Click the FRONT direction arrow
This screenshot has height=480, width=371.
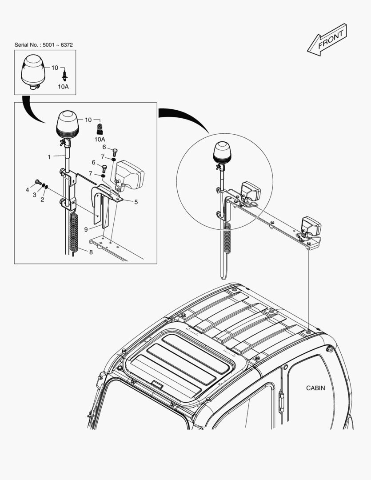point(327,40)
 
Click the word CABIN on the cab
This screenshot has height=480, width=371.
point(315,388)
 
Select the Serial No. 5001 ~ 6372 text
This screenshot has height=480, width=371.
point(44,45)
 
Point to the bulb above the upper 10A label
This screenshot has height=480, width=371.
point(64,75)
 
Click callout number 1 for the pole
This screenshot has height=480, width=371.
point(49,157)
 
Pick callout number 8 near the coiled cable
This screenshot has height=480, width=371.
point(91,252)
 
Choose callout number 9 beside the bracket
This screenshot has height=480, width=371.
point(86,229)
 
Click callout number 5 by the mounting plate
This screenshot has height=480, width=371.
point(136,202)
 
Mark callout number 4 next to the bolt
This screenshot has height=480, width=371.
point(27,190)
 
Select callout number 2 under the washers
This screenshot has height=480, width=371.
point(42,200)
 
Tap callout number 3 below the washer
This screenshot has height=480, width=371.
point(35,195)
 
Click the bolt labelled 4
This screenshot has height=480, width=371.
point(38,182)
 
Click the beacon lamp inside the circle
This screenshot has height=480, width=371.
point(222,152)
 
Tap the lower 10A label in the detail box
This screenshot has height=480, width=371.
point(100,140)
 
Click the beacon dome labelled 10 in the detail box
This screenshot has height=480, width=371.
point(68,124)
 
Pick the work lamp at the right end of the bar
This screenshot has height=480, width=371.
point(311,227)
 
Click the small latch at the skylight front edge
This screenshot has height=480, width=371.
point(157,385)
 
